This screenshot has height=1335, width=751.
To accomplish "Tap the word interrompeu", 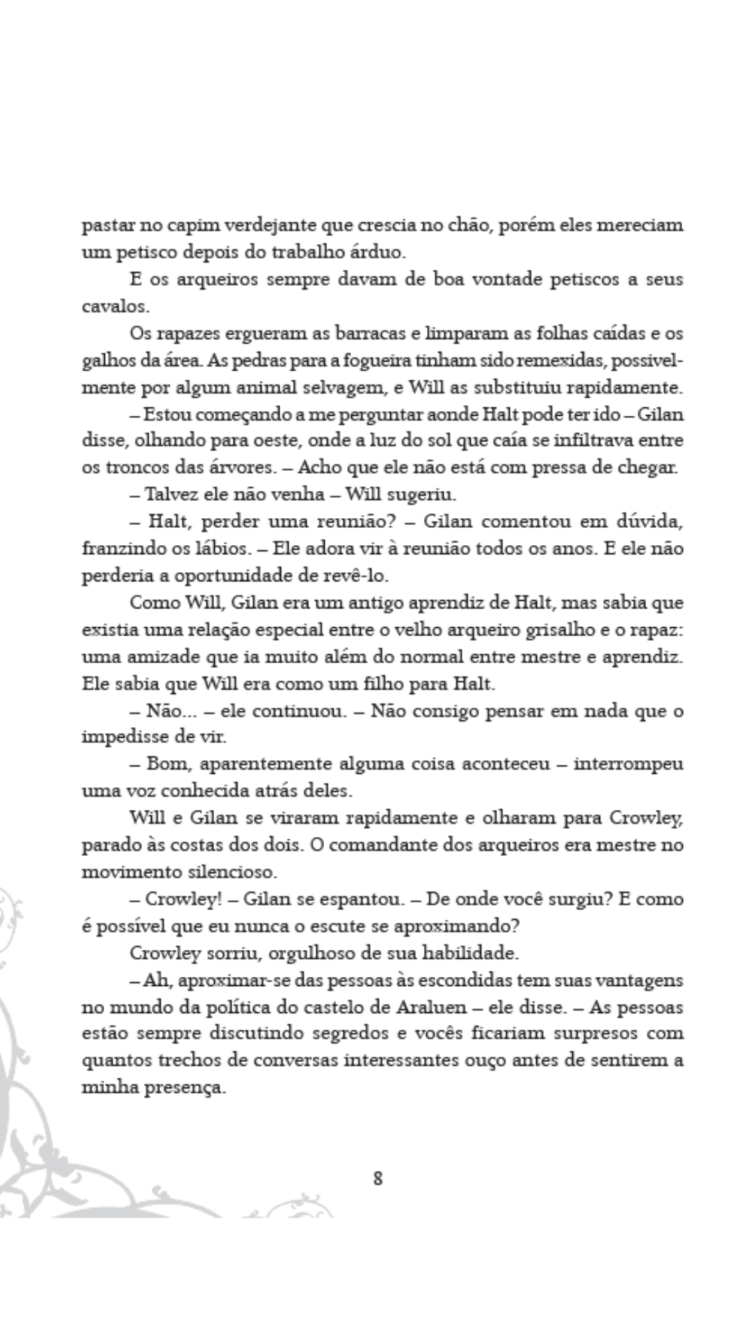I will point(629,764).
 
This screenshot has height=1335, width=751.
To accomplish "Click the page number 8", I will point(378,1179).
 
